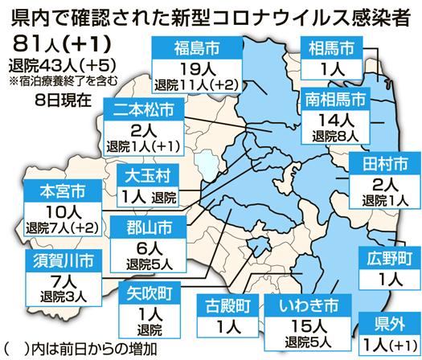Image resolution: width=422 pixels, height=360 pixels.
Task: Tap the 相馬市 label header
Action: (328, 47)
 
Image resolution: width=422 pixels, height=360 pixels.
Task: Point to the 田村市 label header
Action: (382, 165)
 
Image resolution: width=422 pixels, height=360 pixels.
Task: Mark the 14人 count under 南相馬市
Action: (336, 120)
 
